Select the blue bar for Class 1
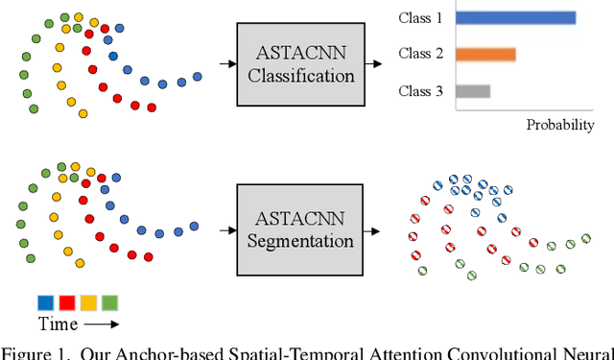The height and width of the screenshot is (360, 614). click(x=516, y=17)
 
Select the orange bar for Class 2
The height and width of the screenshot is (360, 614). click(x=485, y=55)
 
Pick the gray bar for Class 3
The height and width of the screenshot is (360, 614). click(x=473, y=91)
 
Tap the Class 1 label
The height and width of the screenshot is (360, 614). click(x=422, y=17)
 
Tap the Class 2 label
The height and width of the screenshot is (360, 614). click(x=422, y=55)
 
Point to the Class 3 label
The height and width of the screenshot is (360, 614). click(x=422, y=91)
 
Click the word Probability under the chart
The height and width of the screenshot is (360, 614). click(x=560, y=125)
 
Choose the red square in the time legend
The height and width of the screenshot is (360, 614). click(x=67, y=303)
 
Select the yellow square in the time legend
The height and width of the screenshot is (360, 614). click(x=88, y=303)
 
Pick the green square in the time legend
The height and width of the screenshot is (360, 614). click(x=109, y=303)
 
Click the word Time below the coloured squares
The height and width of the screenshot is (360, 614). click(x=57, y=324)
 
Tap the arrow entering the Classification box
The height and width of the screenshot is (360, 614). click(x=226, y=64)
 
